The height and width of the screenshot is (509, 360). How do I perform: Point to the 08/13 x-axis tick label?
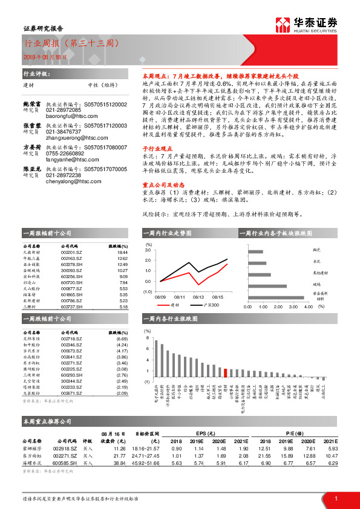[197, 297]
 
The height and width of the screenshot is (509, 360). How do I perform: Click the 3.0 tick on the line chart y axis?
[148, 249]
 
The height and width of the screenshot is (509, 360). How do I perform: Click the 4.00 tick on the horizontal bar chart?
[307, 306]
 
